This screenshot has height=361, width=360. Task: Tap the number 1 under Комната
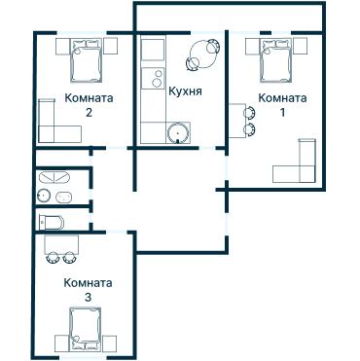tap(283, 112)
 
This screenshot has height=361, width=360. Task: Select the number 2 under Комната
tap(89, 112)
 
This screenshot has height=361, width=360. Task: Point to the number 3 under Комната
tap(88, 297)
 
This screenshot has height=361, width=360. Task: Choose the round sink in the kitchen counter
tap(177, 134)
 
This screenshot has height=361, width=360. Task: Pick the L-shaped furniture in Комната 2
tap(53, 122)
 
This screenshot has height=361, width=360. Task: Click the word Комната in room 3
tap(88, 283)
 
